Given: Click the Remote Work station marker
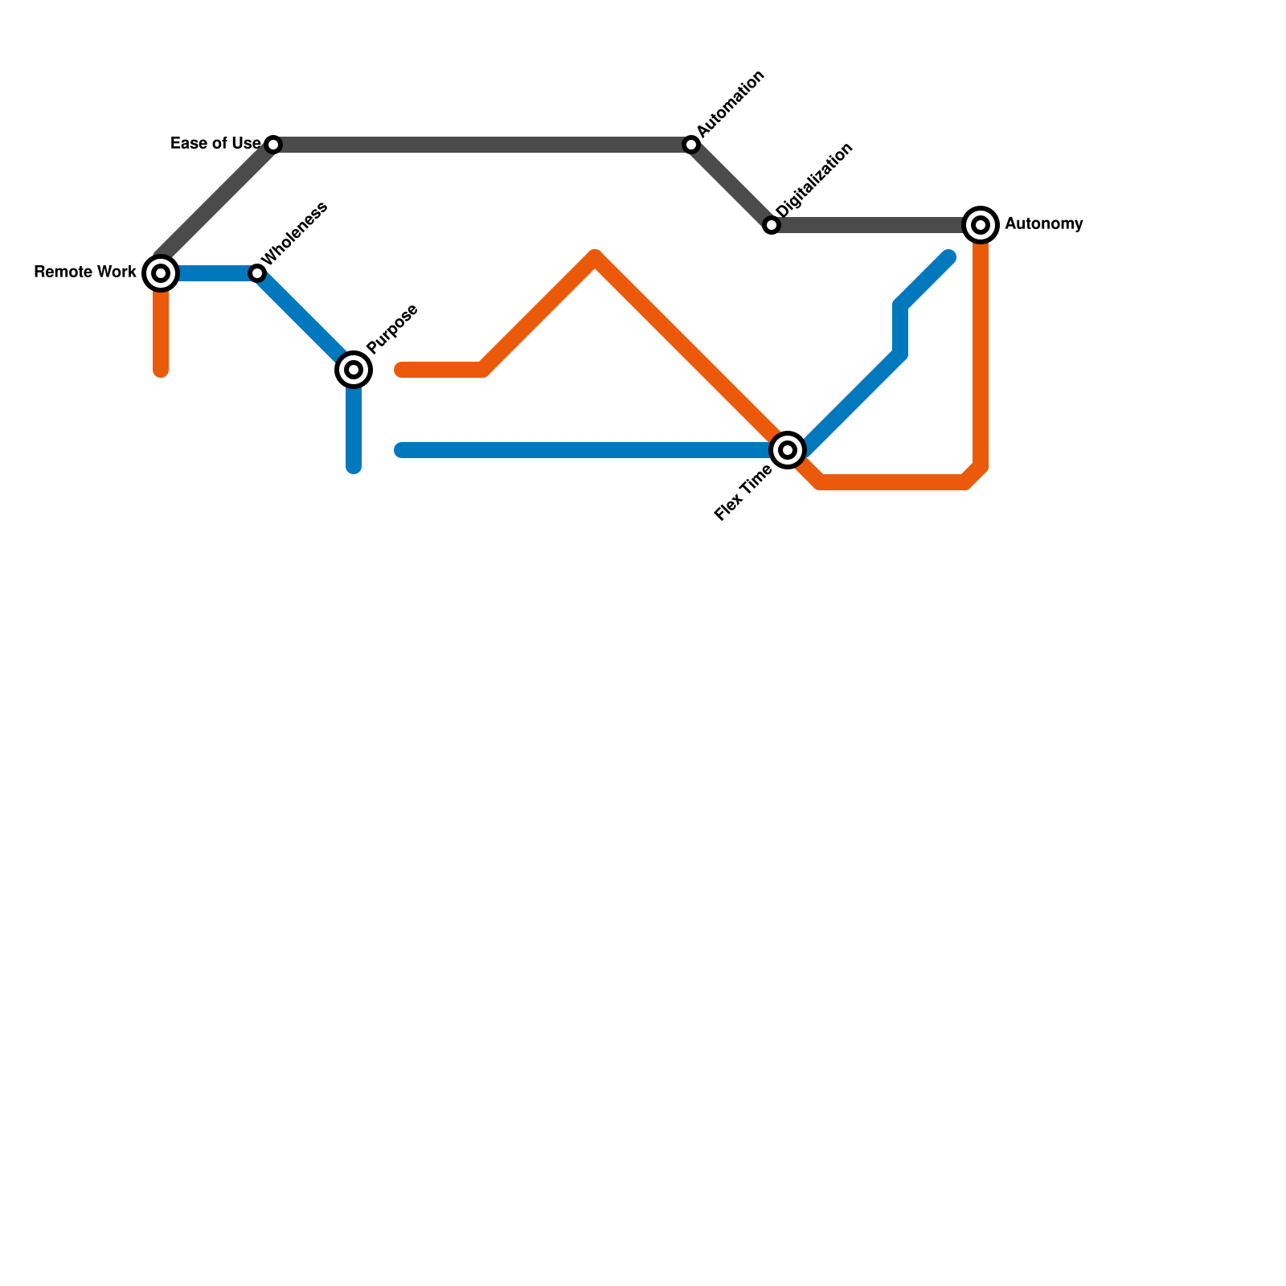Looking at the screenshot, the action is click(161, 273).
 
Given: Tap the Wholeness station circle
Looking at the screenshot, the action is click(257, 273).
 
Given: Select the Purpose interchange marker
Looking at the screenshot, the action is click(354, 370).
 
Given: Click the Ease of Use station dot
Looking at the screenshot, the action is click(273, 145).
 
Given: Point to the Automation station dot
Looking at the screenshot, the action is click(691, 145).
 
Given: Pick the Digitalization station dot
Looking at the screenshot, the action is click(772, 225).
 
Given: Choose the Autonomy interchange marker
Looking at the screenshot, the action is click(981, 225).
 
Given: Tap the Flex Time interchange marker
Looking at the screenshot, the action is click(788, 450).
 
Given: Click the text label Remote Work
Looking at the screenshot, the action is click(85, 272).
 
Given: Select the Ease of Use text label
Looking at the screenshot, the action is click(215, 144).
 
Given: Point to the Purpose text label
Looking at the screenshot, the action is click(392, 329).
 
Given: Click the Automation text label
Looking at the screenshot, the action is click(731, 104).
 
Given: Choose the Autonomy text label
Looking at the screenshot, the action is click(1043, 224).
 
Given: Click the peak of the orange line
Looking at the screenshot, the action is click(596, 256).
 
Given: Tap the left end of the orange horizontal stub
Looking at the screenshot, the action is click(400, 370).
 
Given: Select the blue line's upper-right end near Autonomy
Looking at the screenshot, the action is click(949, 257).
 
